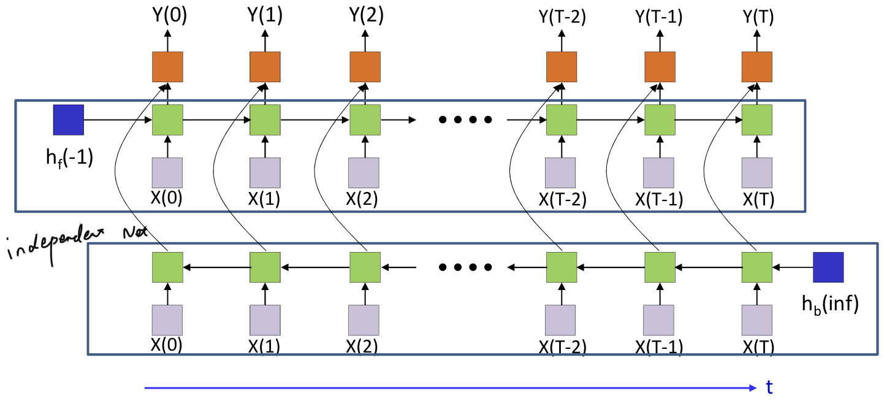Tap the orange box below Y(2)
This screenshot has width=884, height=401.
pyautogui.click(x=365, y=67)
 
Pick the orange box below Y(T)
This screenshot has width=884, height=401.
pyautogui.click(x=757, y=67)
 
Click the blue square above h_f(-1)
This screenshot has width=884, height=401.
pyautogui.click(x=68, y=120)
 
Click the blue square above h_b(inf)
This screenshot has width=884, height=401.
pyautogui.click(x=828, y=267)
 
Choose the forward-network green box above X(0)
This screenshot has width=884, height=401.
pyautogui.click(x=167, y=120)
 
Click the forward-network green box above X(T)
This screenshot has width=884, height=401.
pyautogui.click(x=757, y=120)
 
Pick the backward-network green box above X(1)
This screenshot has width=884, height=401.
pyautogui.click(x=265, y=267)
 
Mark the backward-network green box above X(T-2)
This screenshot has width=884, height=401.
pyautogui.click(x=561, y=267)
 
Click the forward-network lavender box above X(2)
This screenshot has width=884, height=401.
pyautogui.click(x=365, y=172)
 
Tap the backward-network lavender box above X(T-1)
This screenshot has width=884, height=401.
pyautogui.click(x=659, y=320)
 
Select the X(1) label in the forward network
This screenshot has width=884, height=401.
pyautogui.click(x=265, y=199)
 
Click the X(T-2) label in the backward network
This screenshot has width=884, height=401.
pyautogui.click(x=562, y=347)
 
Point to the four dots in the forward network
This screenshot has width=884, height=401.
pyautogui.click(x=465, y=120)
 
